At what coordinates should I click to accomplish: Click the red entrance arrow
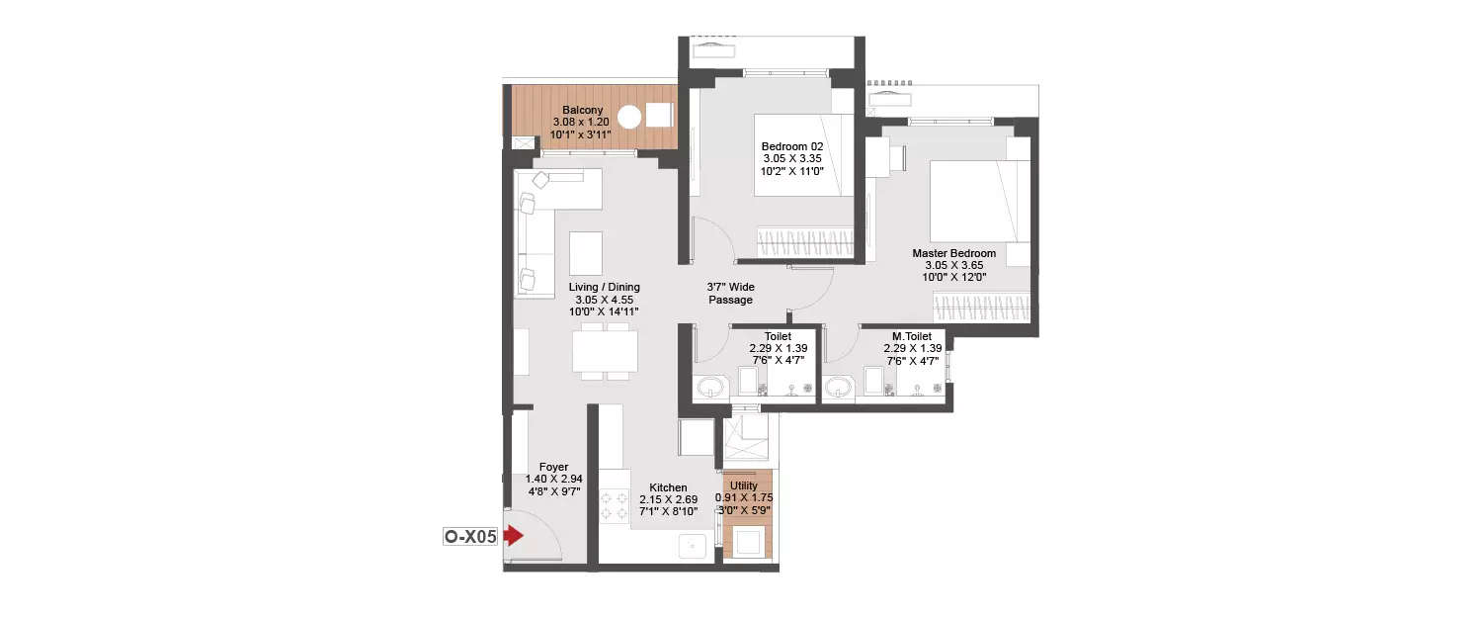(513, 536)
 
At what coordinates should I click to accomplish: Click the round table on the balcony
(629, 116)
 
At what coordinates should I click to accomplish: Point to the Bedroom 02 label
(791, 146)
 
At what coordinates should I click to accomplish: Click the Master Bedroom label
(953, 253)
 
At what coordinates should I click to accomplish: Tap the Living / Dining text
(604, 288)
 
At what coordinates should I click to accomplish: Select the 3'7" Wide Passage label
(730, 294)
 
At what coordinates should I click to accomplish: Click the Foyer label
(553, 467)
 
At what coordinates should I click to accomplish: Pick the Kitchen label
(668, 487)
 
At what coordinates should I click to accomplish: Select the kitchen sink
(694, 544)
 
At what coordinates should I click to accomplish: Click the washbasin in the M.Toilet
(839, 387)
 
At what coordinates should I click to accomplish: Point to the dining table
(604, 351)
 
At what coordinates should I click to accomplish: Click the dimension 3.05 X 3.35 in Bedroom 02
(791, 158)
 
